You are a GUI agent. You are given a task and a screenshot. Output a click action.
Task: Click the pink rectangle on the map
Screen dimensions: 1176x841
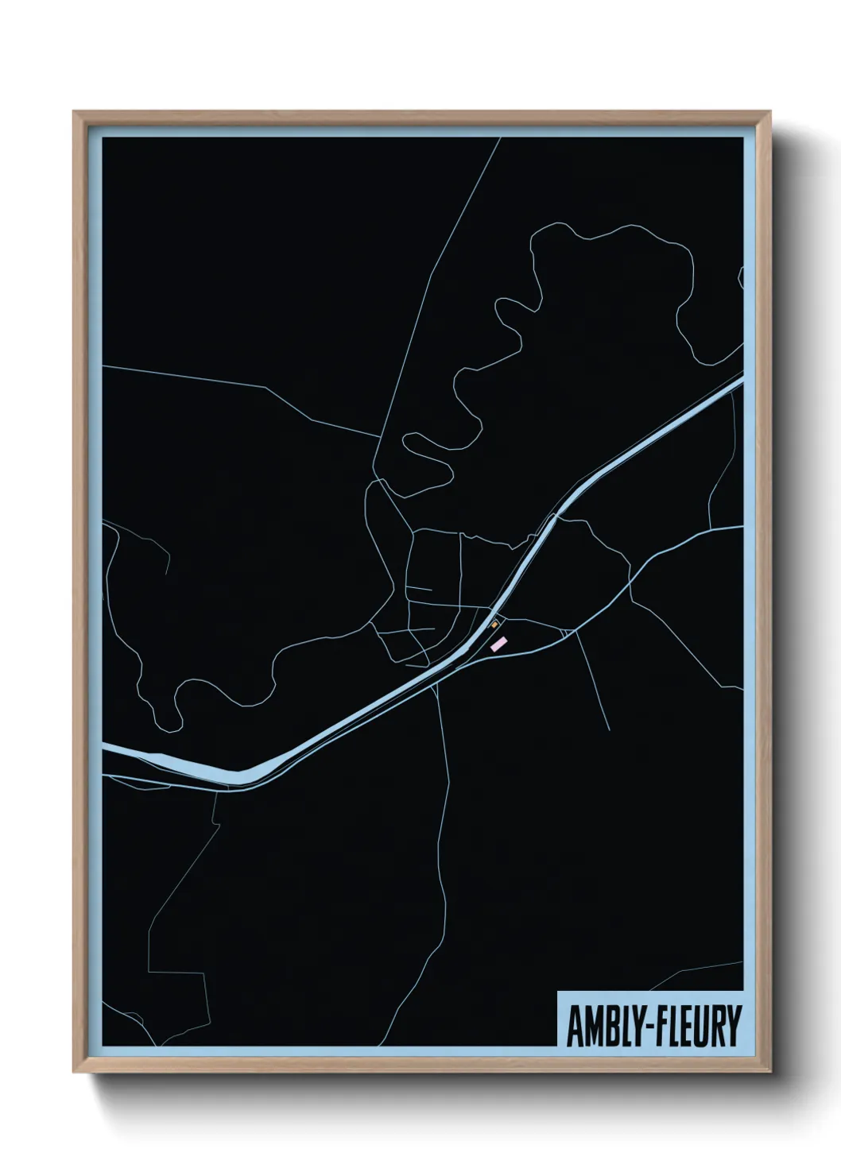pyautogui.click(x=498, y=644)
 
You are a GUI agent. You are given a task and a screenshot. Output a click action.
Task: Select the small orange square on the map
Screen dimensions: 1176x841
pyautogui.click(x=495, y=624)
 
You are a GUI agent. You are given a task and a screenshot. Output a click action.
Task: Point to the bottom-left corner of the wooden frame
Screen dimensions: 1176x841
pyautogui.click(x=75, y=1071)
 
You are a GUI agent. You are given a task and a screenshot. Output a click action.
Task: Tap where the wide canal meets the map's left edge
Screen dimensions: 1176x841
pyautogui.click(x=104, y=747)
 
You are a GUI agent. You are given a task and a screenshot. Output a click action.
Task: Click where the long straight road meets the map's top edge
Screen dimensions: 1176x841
pyautogui.click(x=500, y=139)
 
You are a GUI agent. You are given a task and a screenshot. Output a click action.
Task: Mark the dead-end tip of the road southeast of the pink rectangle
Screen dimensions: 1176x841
pyautogui.click(x=609, y=729)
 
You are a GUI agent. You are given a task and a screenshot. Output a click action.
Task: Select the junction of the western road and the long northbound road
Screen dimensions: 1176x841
pyautogui.click(x=380, y=437)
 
